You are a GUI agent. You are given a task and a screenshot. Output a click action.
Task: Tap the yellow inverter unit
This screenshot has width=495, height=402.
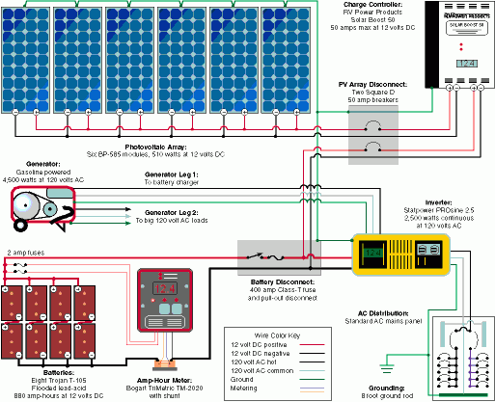pos(398,255)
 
